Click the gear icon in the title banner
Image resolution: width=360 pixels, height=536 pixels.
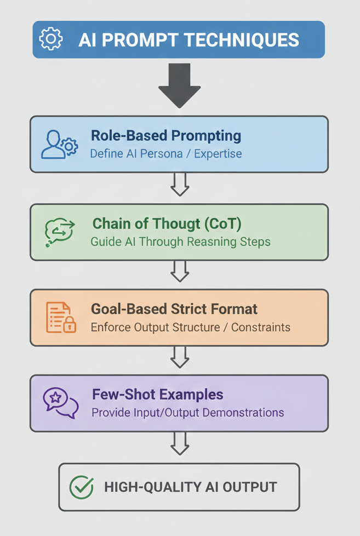click(50, 39)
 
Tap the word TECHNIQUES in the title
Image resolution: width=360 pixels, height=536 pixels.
click(243, 39)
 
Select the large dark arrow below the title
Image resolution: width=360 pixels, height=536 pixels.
click(180, 85)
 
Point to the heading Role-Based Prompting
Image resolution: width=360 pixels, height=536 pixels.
click(166, 136)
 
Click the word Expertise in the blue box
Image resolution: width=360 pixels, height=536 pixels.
click(218, 154)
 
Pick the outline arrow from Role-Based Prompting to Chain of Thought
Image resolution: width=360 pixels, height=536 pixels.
click(180, 185)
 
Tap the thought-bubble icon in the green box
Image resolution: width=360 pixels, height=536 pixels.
click(60, 232)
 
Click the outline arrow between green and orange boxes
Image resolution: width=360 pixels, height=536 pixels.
click(180, 272)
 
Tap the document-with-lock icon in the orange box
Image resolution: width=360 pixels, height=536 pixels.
click(61, 318)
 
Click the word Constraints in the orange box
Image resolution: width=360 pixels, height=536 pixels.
click(261, 327)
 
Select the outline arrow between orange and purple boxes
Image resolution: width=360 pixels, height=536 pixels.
click(180, 357)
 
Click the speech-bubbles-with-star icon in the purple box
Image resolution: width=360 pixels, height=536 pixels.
click(61, 403)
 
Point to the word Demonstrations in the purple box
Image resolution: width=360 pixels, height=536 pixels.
click(243, 413)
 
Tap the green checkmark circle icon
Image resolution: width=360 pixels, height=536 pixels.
click(82, 487)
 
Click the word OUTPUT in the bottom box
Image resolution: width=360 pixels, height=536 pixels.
click(250, 487)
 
